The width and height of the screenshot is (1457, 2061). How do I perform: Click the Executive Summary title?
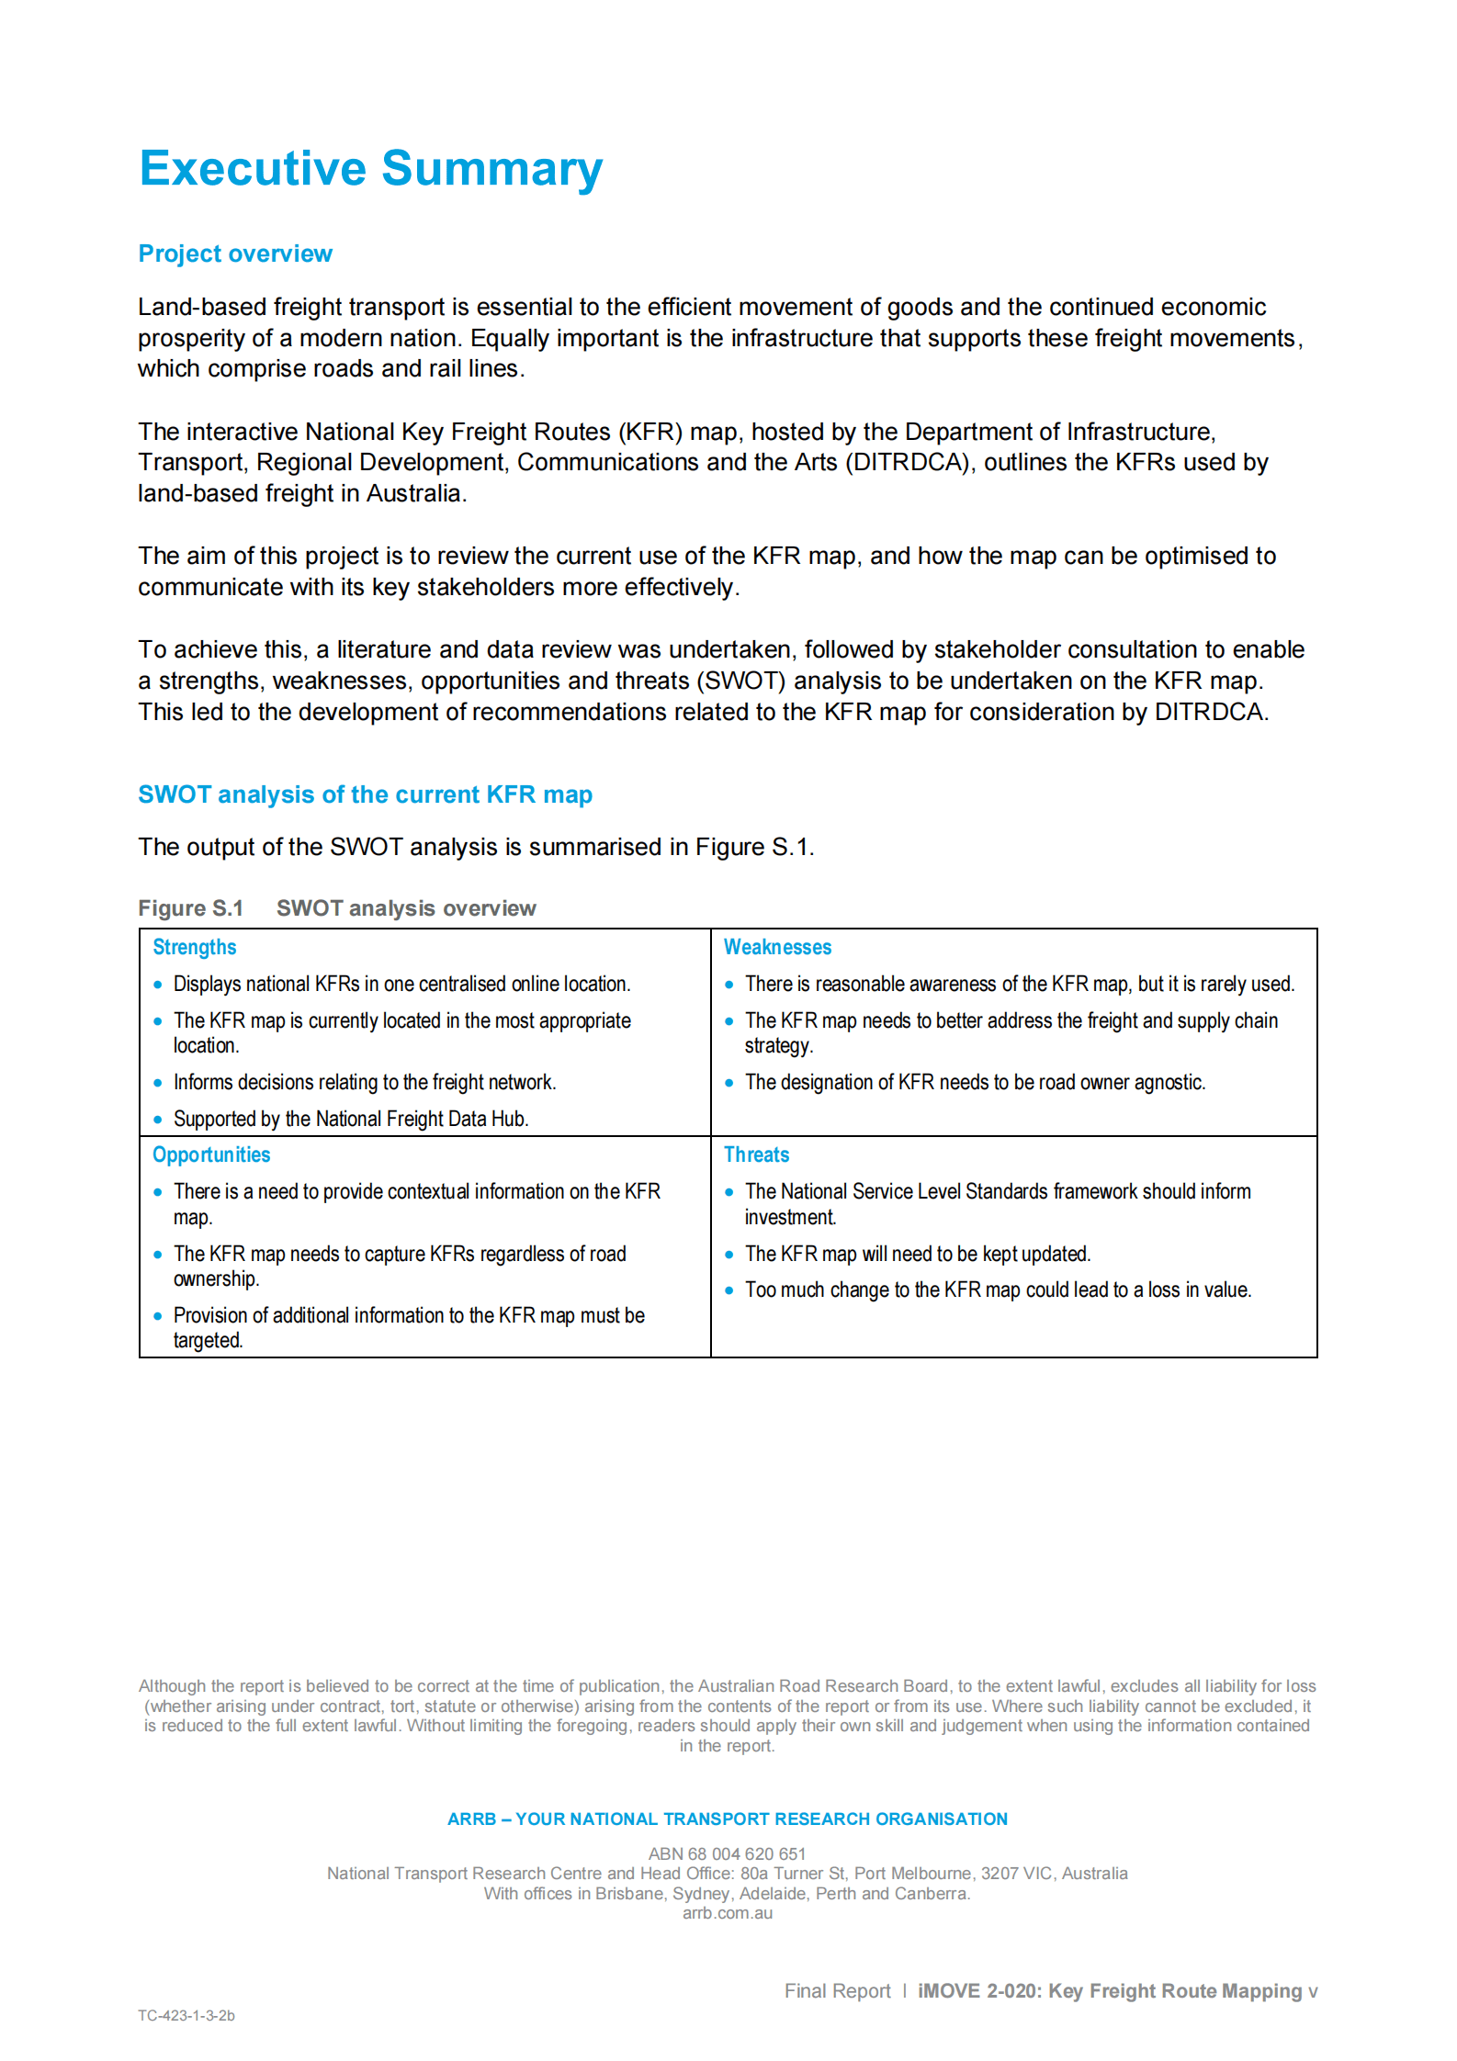370,169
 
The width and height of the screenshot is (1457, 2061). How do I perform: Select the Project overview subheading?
235,253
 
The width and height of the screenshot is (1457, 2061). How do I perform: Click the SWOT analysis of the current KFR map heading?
365,794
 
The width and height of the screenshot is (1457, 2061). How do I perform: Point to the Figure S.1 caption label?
190,908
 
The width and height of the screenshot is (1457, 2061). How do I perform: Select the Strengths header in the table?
194,947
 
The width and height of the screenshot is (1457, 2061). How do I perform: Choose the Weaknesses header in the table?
777,947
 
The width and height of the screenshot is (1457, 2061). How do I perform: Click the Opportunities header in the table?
211,1154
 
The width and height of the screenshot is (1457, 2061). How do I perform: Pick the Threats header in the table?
756,1154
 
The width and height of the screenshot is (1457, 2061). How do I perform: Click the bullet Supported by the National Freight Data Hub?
350,1119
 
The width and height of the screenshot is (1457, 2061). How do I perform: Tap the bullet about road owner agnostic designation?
974,1082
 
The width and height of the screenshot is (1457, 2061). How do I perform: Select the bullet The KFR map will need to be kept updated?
917,1254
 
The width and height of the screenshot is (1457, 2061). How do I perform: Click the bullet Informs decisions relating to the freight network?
364,1082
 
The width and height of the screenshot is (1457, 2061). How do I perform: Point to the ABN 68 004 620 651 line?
727,1853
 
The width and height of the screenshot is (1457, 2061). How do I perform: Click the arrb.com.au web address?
727,1913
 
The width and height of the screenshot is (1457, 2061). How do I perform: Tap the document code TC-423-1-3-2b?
186,2015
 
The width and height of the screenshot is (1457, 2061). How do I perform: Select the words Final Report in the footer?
837,1990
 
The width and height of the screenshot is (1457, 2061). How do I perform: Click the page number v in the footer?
1313,1991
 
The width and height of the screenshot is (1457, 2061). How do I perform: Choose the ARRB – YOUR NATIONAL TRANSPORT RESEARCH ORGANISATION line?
727,1819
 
